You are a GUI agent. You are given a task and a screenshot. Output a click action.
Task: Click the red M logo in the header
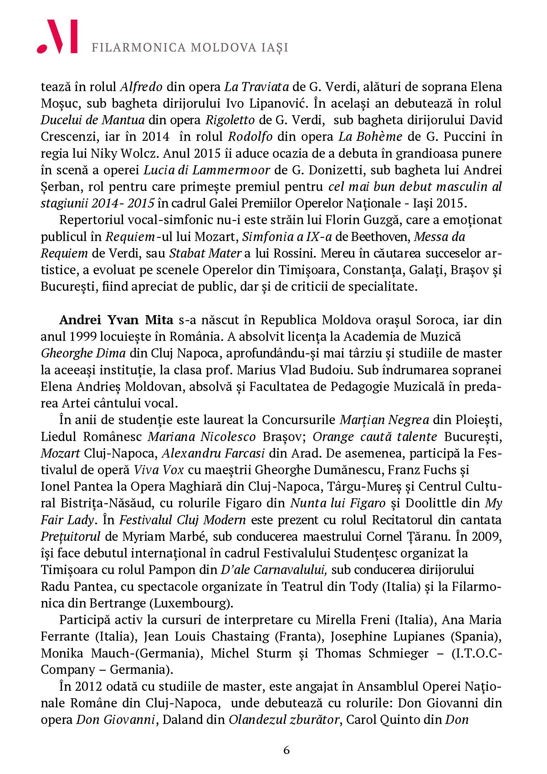pos(58,36)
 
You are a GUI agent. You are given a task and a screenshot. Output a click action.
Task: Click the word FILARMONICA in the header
pos(139,48)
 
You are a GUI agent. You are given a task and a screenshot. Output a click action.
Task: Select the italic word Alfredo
pos(141,87)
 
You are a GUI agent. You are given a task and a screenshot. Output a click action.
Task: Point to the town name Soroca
pos(436,320)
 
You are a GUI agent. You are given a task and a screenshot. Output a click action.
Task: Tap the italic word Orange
pos(333,437)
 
